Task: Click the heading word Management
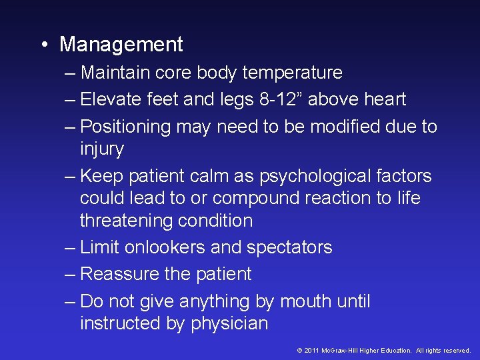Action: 121,45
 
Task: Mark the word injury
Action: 101,149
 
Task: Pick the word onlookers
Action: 161,247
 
